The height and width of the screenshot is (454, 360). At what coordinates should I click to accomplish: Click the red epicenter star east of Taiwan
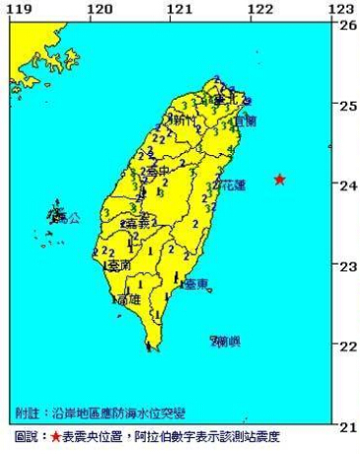click(x=280, y=179)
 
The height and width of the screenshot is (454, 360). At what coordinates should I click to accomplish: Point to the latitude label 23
click(x=348, y=265)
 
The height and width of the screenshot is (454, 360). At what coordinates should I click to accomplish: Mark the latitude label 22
click(x=348, y=345)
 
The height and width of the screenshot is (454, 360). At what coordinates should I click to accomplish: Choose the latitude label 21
click(x=348, y=425)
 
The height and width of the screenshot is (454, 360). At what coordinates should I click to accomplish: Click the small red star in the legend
click(x=56, y=435)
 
